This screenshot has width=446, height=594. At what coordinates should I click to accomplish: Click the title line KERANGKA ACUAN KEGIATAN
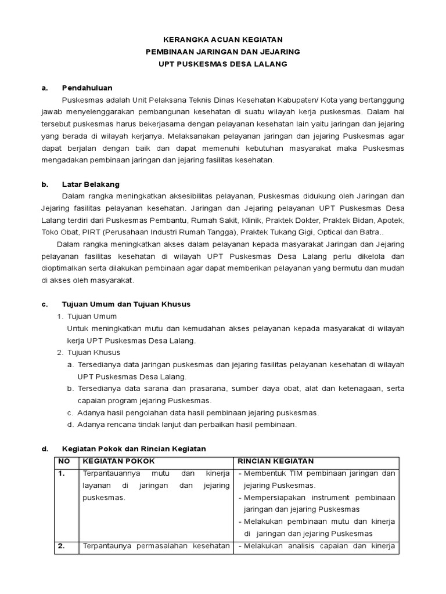tap(223, 39)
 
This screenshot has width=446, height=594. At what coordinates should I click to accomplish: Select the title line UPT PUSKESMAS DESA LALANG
tap(223, 64)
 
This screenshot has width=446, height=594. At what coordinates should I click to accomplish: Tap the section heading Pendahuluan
tap(87, 88)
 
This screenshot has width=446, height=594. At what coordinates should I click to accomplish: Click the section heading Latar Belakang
tap(91, 184)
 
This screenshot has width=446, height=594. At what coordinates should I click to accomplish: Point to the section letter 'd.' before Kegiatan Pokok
tap(45, 449)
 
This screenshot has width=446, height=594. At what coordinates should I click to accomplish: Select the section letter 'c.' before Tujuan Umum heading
tap(45, 304)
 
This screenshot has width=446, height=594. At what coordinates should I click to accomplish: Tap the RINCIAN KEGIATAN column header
tap(276, 462)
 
